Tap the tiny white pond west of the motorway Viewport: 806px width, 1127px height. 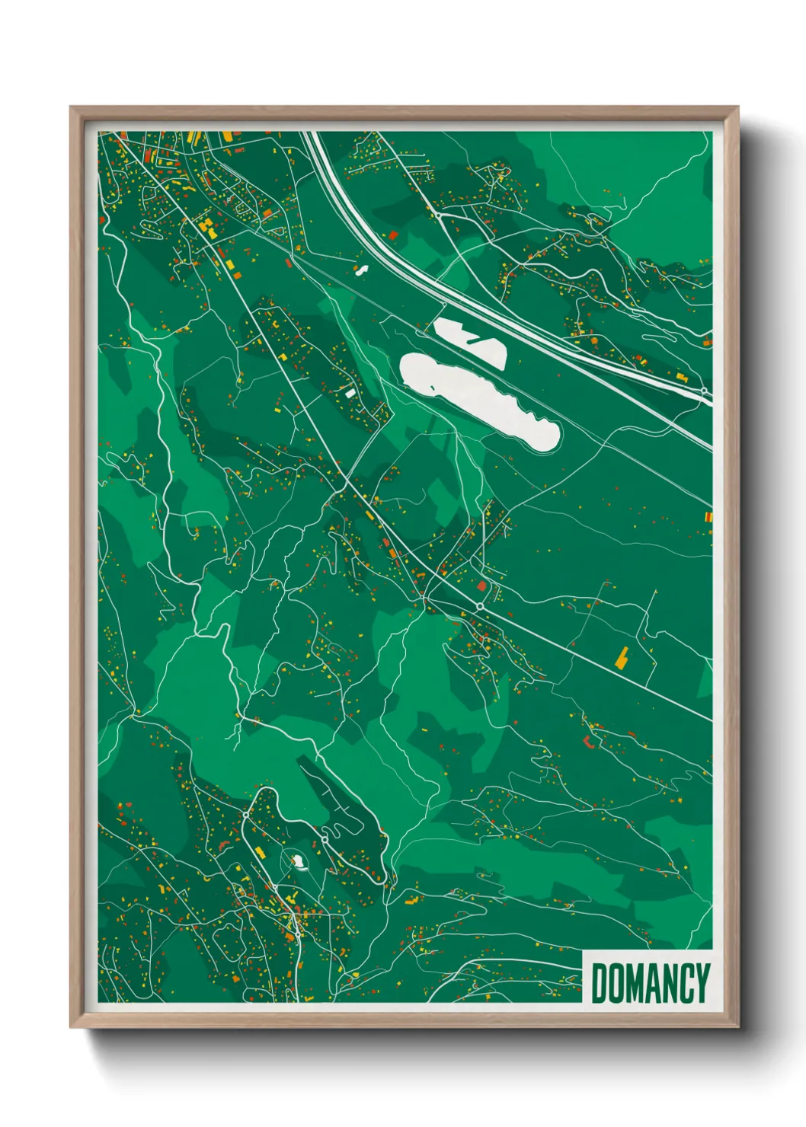coord(361,269)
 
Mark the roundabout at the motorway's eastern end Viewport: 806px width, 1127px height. coord(705,391)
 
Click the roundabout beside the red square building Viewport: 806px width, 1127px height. coord(479,606)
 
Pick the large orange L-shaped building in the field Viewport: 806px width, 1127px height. coord(622,656)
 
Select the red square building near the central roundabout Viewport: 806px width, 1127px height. coord(481,586)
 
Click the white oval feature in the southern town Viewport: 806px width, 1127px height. coord(297,861)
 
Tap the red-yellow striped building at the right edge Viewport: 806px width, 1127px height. coord(708,517)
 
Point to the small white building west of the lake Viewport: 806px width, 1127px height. coord(350,394)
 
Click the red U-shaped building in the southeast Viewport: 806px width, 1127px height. coord(587,740)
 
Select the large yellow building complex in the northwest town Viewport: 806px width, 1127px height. coord(206,225)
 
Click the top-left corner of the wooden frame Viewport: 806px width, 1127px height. coord(71,107)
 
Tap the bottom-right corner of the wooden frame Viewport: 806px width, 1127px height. coord(738,1027)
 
